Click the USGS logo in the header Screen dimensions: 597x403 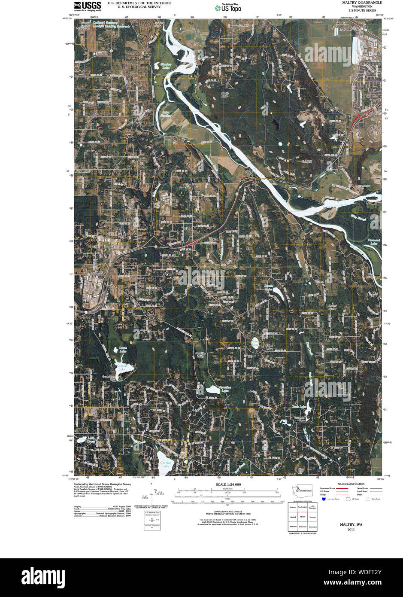coord(88,6)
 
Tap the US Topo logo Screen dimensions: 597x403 coord(228,7)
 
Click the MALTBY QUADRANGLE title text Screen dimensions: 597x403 coord(357,3)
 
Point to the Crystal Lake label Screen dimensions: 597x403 coord(122,367)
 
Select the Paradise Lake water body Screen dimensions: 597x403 coord(213,390)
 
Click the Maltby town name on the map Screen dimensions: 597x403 coord(99,273)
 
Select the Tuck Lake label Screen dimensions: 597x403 coord(299,406)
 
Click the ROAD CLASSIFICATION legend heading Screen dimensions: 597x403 coord(351,484)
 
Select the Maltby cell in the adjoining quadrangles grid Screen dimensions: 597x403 coord(303,517)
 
